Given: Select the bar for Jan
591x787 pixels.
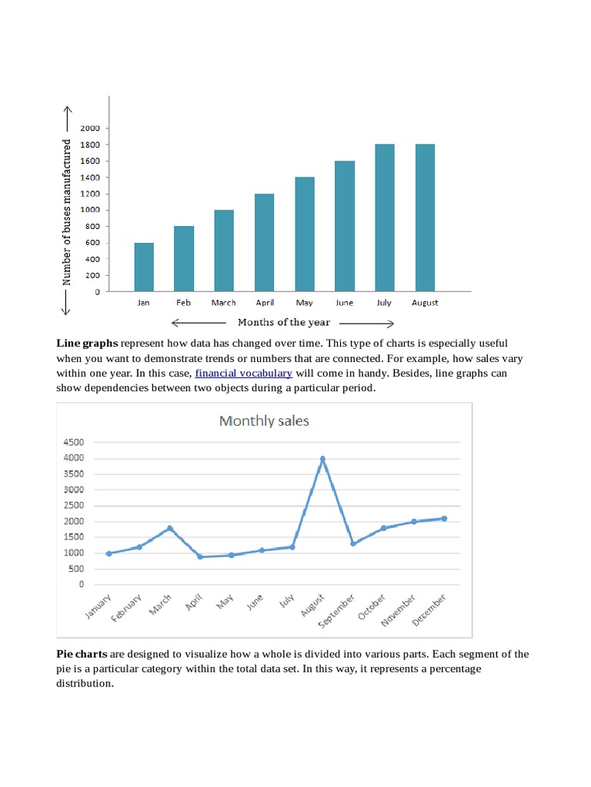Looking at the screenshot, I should point(144,267).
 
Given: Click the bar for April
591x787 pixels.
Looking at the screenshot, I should point(264,243).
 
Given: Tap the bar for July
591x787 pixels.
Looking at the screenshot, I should point(384,218).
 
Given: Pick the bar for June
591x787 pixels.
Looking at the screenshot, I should point(344,227).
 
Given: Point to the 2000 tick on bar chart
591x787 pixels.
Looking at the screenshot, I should point(91,128).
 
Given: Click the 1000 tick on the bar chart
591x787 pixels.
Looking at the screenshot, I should point(91,210).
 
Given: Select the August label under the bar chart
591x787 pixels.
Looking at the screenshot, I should point(425,303).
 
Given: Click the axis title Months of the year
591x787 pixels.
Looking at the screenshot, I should point(283,323).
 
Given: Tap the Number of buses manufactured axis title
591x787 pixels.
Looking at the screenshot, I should point(67,212).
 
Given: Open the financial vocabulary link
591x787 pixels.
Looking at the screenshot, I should point(243,374).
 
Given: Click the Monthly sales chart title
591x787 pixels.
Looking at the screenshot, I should point(264,421).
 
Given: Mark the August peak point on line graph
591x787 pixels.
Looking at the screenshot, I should point(322,459).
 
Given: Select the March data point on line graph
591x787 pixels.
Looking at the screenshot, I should point(170,528).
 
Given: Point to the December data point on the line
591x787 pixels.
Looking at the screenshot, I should point(444,519).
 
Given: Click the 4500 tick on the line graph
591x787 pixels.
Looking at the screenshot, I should point(74,443).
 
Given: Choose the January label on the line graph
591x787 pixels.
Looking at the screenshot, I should point(99,608).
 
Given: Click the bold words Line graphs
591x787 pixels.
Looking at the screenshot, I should point(87,343).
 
